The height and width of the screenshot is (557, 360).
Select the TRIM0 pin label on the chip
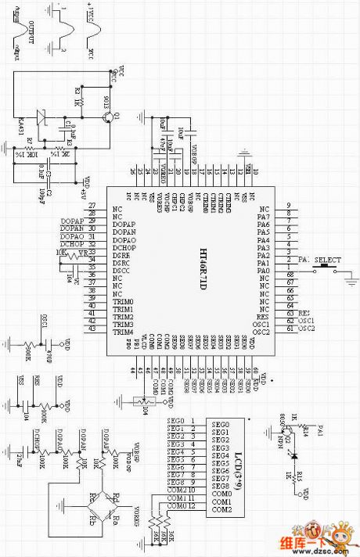(123, 301)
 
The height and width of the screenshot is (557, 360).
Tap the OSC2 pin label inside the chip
(261, 332)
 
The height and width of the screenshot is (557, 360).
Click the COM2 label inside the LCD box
(220, 510)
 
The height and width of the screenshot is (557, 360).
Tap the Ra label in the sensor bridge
(116, 517)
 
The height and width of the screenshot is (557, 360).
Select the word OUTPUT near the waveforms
(33, 33)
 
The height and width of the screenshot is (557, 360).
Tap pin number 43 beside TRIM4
(92, 331)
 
